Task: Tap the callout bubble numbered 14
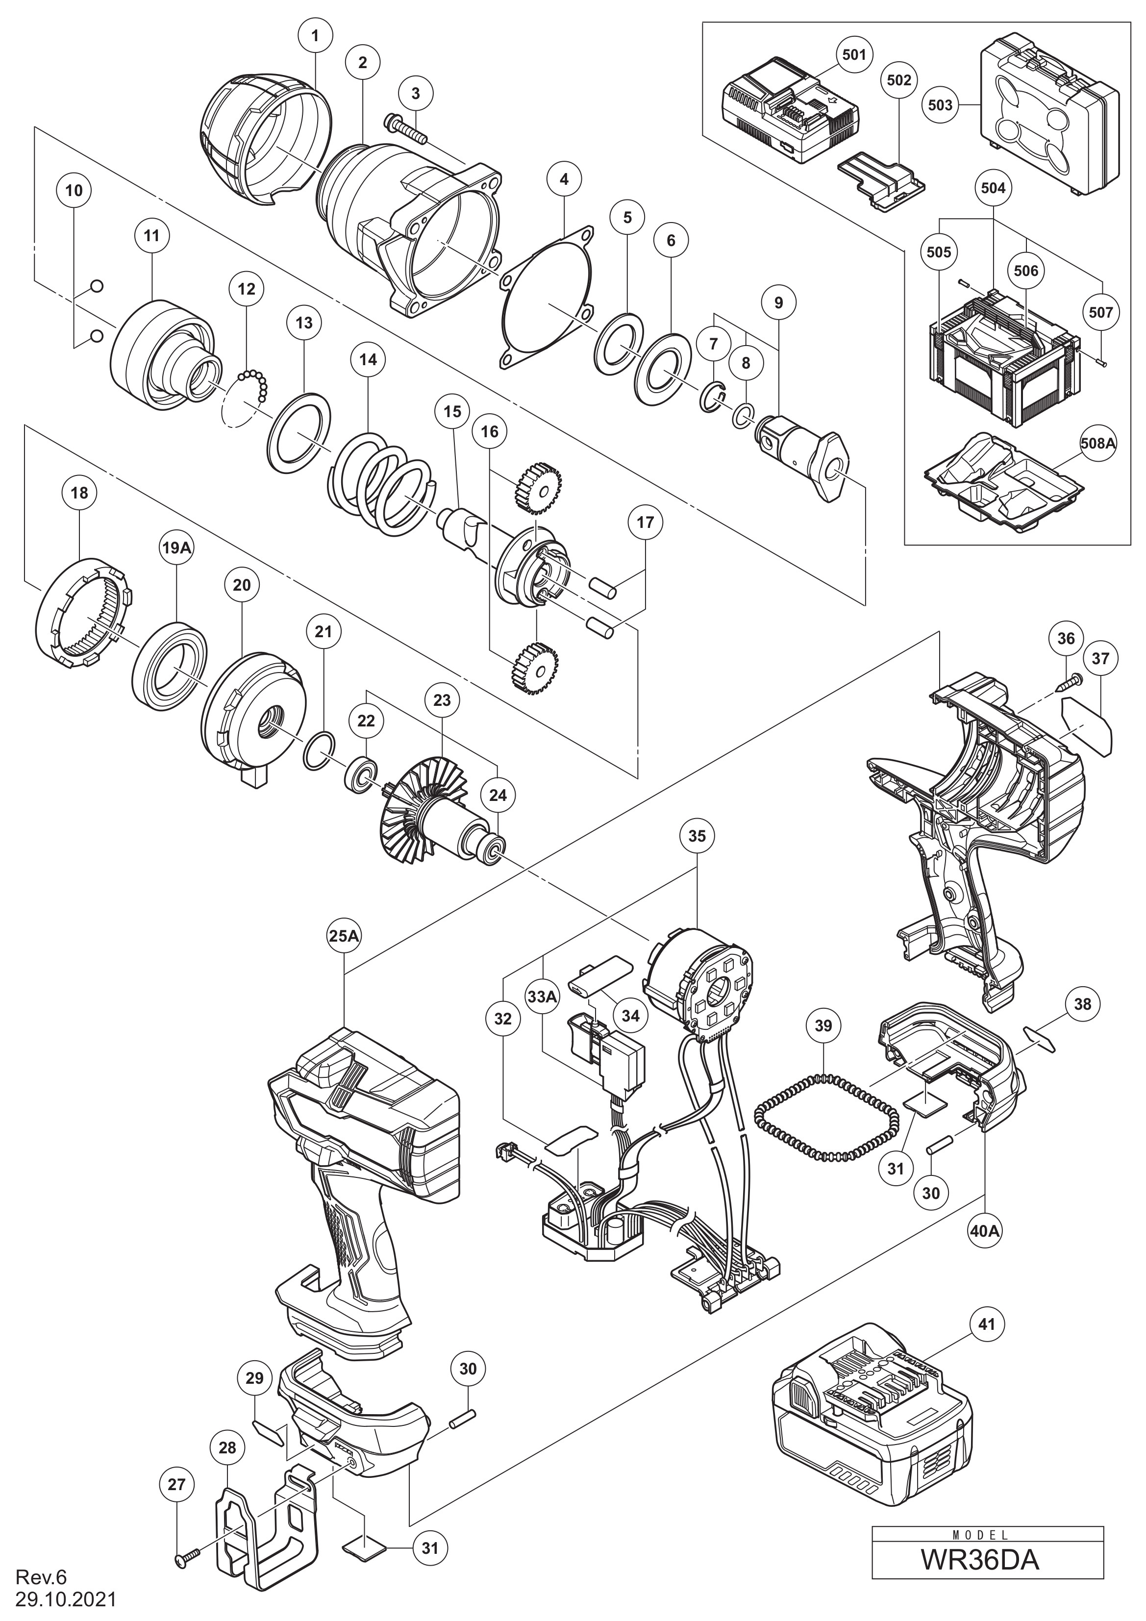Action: tap(368, 359)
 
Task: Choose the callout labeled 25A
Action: tap(345, 935)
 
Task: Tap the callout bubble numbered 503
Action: tap(940, 105)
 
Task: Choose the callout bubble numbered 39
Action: tap(823, 1025)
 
